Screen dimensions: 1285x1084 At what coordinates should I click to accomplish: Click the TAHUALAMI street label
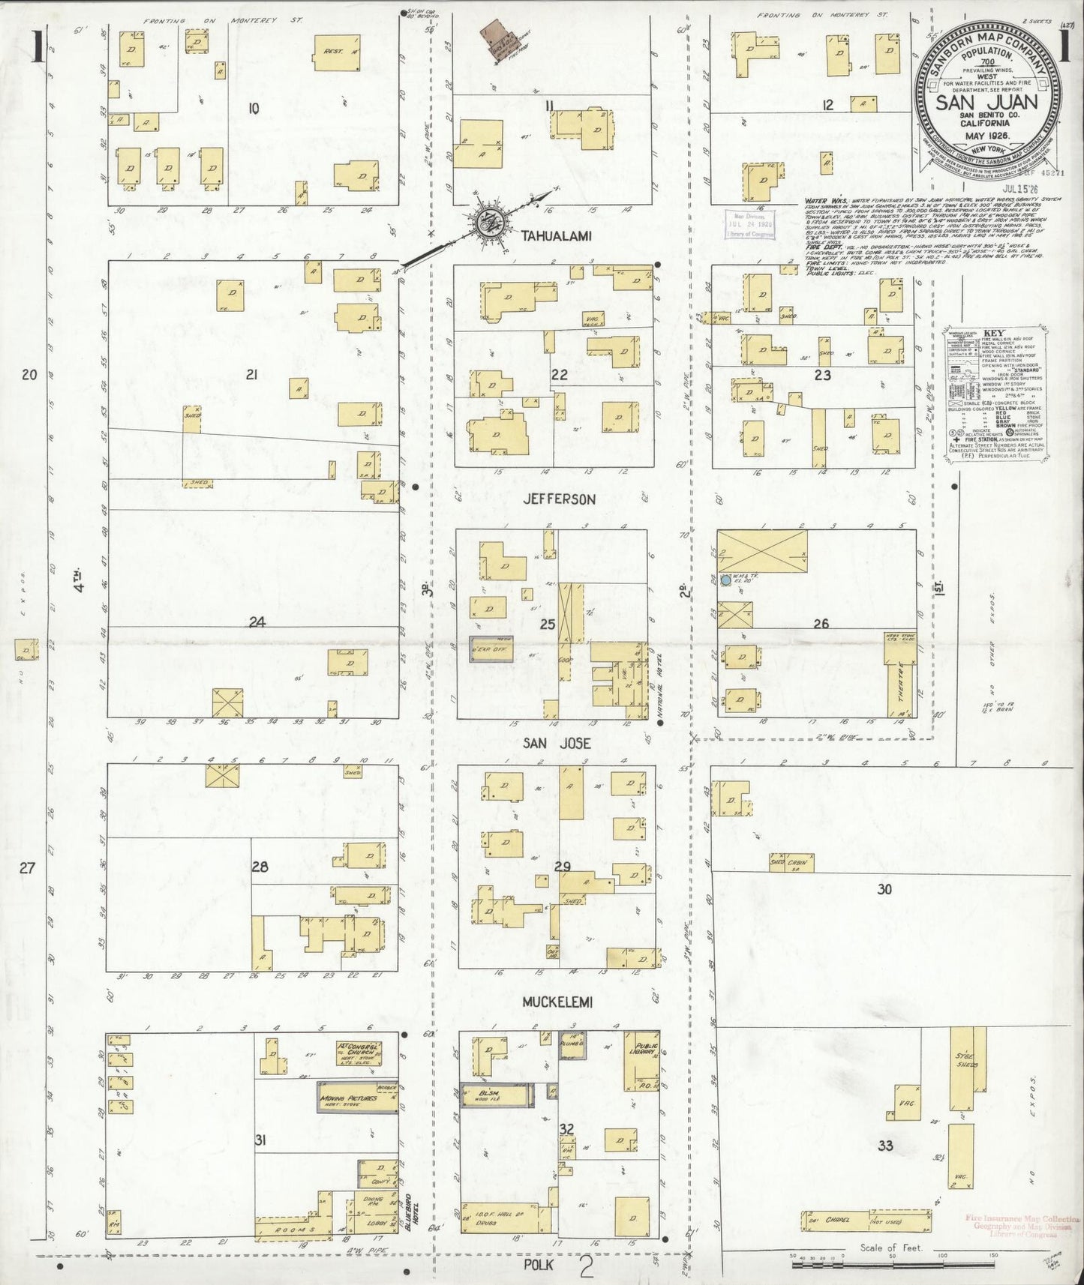tap(557, 236)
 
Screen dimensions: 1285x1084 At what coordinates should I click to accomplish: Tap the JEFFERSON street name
tap(560, 499)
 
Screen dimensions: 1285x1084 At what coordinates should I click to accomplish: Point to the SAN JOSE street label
tap(557, 743)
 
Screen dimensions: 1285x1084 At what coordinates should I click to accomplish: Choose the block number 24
tap(257, 622)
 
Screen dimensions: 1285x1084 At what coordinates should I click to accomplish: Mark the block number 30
tap(885, 889)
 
